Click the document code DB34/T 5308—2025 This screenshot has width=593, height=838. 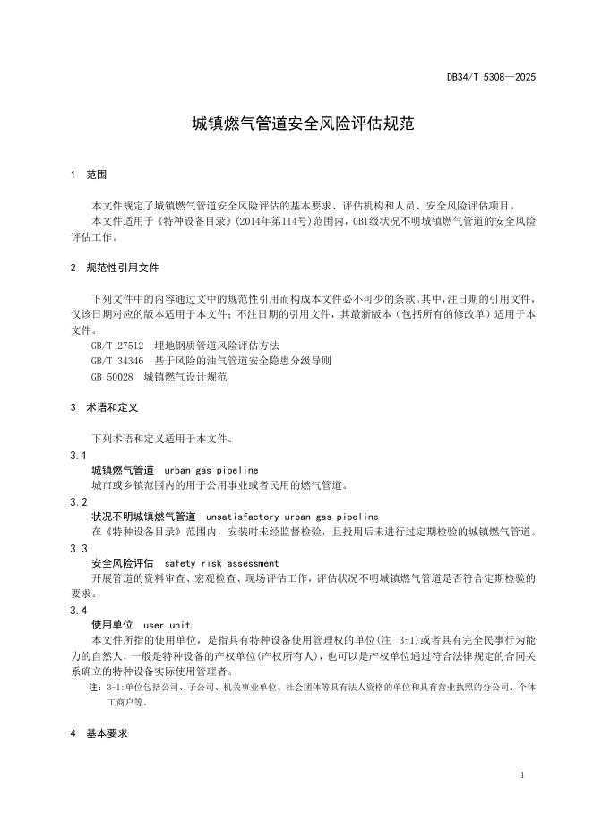[491, 78]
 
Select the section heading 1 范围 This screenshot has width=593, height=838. [89, 174]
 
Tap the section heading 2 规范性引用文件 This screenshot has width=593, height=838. [116, 267]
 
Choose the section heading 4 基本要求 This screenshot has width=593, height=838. [99, 733]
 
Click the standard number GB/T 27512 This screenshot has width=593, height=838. [116, 345]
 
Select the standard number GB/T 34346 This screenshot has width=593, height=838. [116, 361]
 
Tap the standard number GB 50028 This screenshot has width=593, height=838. [111, 377]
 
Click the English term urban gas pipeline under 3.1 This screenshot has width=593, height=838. [211, 469]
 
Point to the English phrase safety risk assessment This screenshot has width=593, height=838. [222, 563]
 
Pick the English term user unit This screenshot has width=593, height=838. [167, 624]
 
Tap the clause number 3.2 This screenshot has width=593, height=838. [79, 501]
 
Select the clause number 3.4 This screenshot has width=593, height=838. [79, 610]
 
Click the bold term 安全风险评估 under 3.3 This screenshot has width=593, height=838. [123, 563]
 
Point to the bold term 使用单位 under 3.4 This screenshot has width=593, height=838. [112, 624]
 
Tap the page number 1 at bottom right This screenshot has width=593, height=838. [522, 775]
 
